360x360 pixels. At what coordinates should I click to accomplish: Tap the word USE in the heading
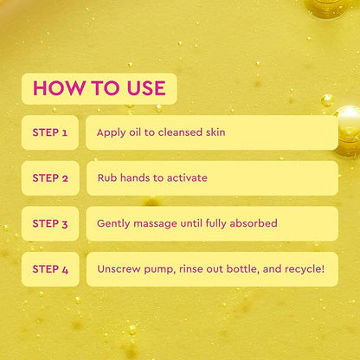pos(146,88)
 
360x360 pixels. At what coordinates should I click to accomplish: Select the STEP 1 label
pos(50,132)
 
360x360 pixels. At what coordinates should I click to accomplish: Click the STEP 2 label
pos(50,178)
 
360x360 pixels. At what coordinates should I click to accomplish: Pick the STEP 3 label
pos(50,223)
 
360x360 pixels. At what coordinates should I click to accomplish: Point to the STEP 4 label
pos(50,269)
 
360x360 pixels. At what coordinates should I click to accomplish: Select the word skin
pos(215,132)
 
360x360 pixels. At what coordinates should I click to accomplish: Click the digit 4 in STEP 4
pos(65,270)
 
